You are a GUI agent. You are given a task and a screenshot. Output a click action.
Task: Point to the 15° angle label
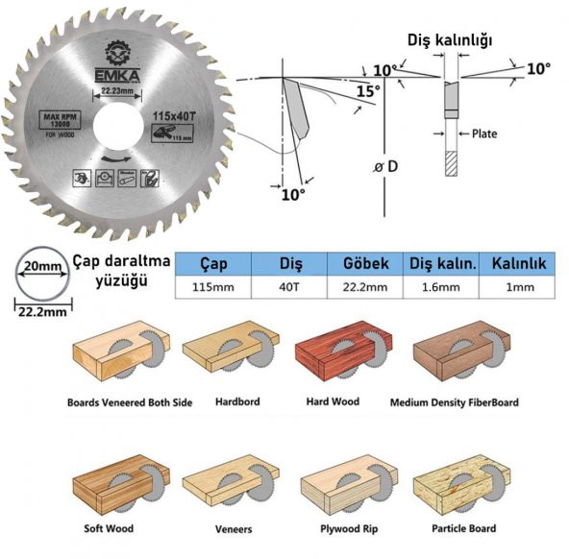pyautogui.click(x=368, y=90)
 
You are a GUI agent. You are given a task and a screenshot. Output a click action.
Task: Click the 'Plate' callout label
pyautogui.click(x=483, y=134)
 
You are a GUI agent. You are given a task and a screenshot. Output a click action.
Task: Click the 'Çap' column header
pyautogui.click(x=212, y=264)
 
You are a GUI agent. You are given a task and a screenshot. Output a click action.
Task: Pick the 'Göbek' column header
pyautogui.click(x=364, y=264)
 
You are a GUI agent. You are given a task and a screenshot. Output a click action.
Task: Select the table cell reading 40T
pyautogui.click(x=288, y=287)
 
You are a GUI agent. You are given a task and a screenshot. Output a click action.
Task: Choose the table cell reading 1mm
pyautogui.click(x=519, y=287)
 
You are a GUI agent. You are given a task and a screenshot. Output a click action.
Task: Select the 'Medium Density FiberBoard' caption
pyautogui.click(x=454, y=402)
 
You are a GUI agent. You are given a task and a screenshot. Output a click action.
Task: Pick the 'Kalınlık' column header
pyautogui.click(x=519, y=264)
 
